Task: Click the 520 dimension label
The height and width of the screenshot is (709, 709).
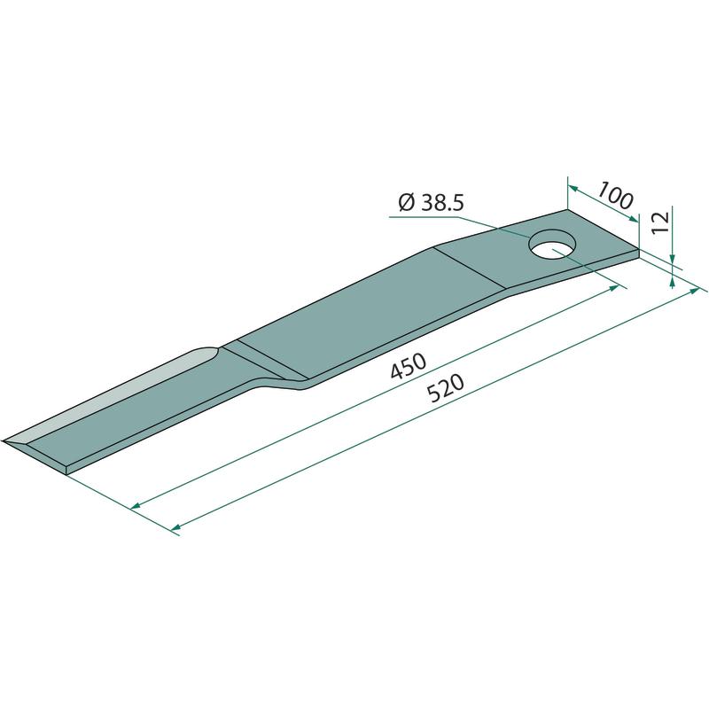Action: point(446,388)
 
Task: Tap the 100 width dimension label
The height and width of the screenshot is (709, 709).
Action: point(615,194)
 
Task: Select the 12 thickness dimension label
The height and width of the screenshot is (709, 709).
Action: point(660,222)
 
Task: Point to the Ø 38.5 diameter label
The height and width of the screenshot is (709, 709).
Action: point(432,203)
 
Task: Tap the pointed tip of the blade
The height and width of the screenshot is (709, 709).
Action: point(4,440)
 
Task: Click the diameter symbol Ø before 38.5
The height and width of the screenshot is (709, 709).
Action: point(407,203)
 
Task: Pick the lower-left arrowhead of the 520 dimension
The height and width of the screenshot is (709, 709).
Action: point(176,526)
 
